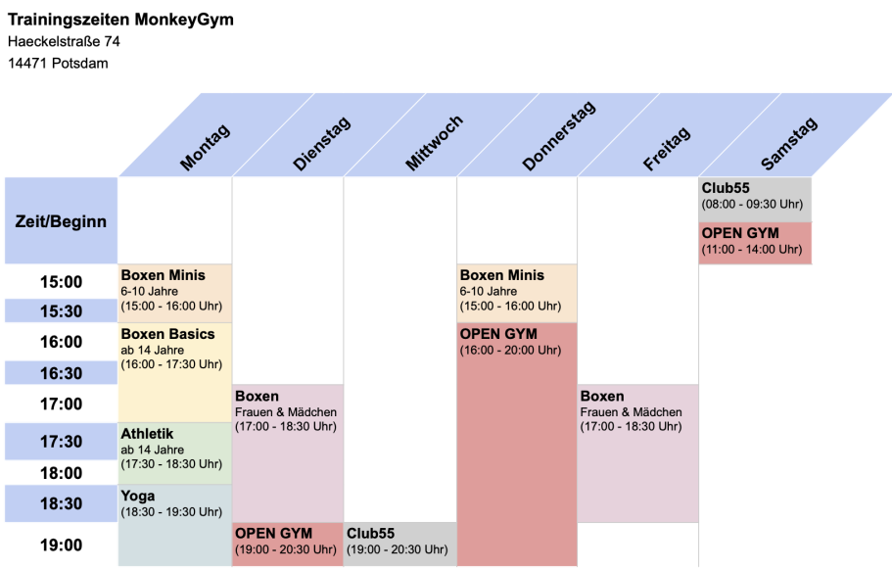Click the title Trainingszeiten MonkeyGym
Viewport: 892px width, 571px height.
120,19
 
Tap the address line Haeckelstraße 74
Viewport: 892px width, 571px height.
64,41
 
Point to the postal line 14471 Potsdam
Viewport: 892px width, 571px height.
58,64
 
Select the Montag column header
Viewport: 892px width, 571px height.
204,146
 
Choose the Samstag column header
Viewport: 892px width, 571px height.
787,144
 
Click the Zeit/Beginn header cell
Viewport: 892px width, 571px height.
61,221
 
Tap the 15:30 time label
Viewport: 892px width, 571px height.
61,311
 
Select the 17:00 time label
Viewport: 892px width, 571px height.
61,404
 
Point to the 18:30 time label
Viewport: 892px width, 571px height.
61,503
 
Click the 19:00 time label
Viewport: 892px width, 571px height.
61,545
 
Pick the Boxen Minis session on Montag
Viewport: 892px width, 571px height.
175,293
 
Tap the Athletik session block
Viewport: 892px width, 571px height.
175,453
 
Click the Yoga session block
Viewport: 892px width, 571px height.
175,524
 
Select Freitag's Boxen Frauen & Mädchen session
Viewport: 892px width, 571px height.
637,452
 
